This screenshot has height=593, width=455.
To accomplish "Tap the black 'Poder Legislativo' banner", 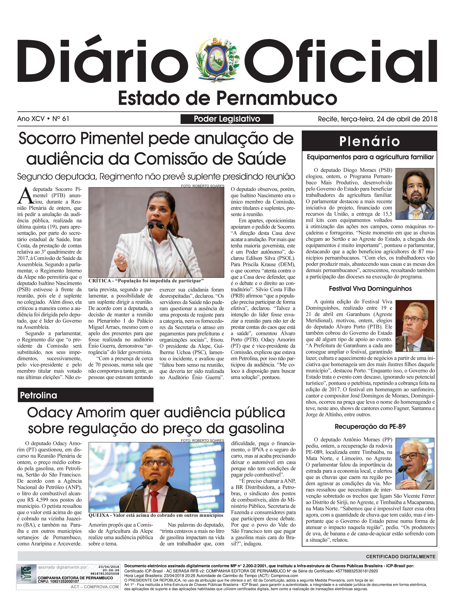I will click(227, 119).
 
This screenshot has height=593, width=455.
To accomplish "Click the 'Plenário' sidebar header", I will click(369, 141).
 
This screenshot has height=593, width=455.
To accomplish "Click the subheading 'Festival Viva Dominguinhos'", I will click(370, 289).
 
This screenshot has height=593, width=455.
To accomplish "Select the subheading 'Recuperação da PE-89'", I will click(370, 427).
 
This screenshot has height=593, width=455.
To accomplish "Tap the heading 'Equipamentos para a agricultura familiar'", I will click(370, 157).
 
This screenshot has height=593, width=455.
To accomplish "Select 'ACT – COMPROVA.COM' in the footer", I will click(95, 587).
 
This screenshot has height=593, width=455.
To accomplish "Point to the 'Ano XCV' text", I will click(31, 119).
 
